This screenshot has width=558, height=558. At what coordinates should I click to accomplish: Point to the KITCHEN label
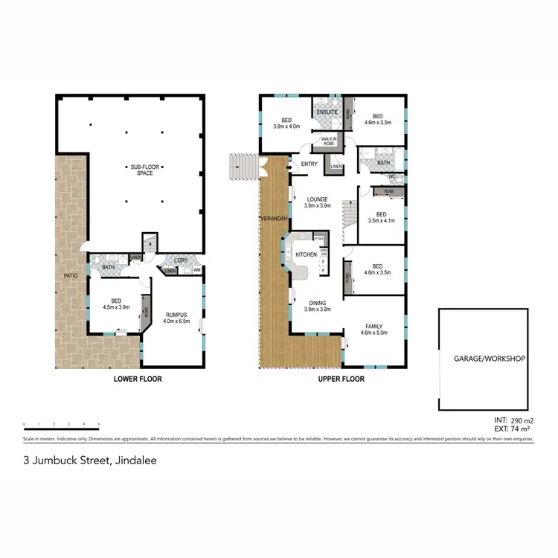pyautogui.click(x=306, y=255)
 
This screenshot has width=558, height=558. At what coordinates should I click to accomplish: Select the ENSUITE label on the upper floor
pyautogui.click(x=327, y=112)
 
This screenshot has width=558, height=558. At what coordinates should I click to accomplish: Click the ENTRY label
pyautogui.click(x=309, y=165)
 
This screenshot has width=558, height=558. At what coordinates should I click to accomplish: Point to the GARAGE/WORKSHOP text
pyautogui.click(x=490, y=359)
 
